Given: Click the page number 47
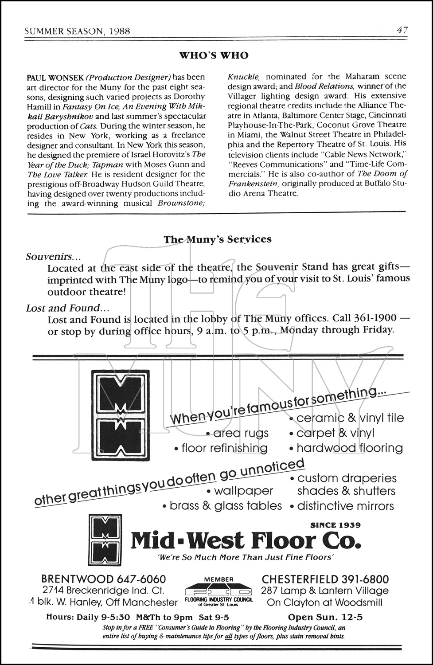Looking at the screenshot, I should point(402,30).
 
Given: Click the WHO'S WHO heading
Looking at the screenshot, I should point(214,55).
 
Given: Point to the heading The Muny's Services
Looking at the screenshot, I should point(217,239).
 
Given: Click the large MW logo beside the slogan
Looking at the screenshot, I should point(120,415).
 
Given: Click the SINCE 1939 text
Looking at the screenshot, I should point(335,525).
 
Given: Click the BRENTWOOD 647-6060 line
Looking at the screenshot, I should point(104,579).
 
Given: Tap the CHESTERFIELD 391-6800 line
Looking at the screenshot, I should point(325,579).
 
